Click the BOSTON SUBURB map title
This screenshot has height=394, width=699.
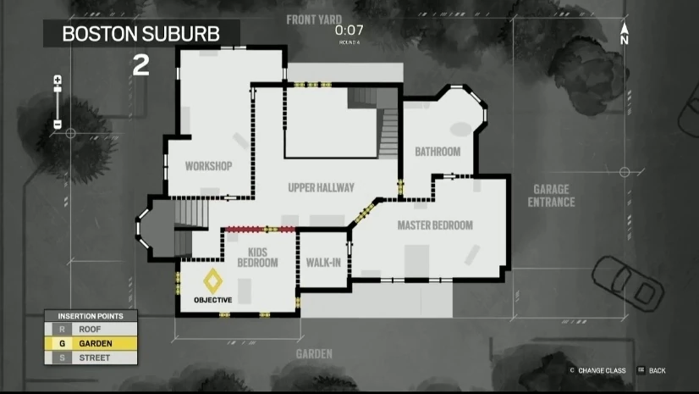click(x=141, y=34)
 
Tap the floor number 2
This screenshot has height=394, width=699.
click(x=140, y=66)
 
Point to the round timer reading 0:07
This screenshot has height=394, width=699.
click(x=349, y=30)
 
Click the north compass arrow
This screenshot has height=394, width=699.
click(x=625, y=34)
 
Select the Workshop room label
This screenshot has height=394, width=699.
click(x=208, y=166)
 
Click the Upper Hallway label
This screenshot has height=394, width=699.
click(x=321, y=187)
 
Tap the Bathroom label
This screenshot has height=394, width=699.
click(x=438, y=152)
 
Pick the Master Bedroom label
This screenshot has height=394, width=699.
click(x=435, y=225)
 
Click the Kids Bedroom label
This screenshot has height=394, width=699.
click(x=257, y=257)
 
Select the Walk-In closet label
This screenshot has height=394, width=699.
click(x=323, y=262)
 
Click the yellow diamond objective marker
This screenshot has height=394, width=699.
click(x=212, y=278)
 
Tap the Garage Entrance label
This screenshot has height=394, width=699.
click(x=551, y=196)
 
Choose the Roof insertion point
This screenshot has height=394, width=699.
click(x=90, y=329)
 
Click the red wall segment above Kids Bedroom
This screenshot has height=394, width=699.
click(x=259, y=229)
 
